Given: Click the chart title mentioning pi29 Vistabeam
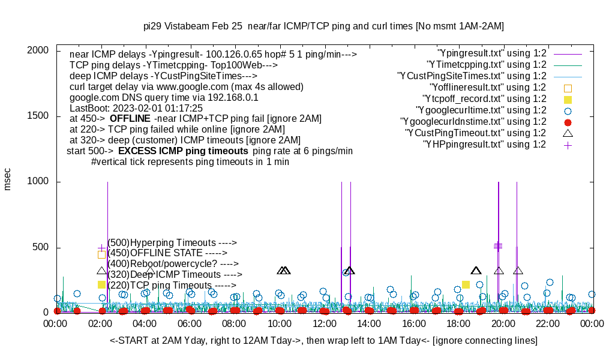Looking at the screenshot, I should click(323, 26).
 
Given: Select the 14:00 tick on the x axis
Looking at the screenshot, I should click(369, 324).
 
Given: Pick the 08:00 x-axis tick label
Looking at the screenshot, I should click(235, 324).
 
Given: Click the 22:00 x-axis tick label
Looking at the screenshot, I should click(548, 324).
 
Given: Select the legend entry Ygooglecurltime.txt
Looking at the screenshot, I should click(481, 110).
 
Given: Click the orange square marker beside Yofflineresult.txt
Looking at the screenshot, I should click(568, 88).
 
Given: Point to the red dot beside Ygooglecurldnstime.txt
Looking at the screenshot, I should click(568, 122).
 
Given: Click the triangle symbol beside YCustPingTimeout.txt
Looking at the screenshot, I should click(568, 133).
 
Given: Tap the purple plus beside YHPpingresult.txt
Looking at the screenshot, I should click(568, 145).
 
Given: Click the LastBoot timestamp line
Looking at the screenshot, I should click(132, 108).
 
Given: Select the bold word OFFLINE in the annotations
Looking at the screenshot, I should click(130, 119).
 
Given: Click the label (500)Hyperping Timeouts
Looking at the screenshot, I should click(172, 243).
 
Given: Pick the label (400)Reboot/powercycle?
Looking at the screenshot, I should click(173, 263).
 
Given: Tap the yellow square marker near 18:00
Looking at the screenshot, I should click(466, 284).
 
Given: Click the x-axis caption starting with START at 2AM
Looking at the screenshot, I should click(323, 341).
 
